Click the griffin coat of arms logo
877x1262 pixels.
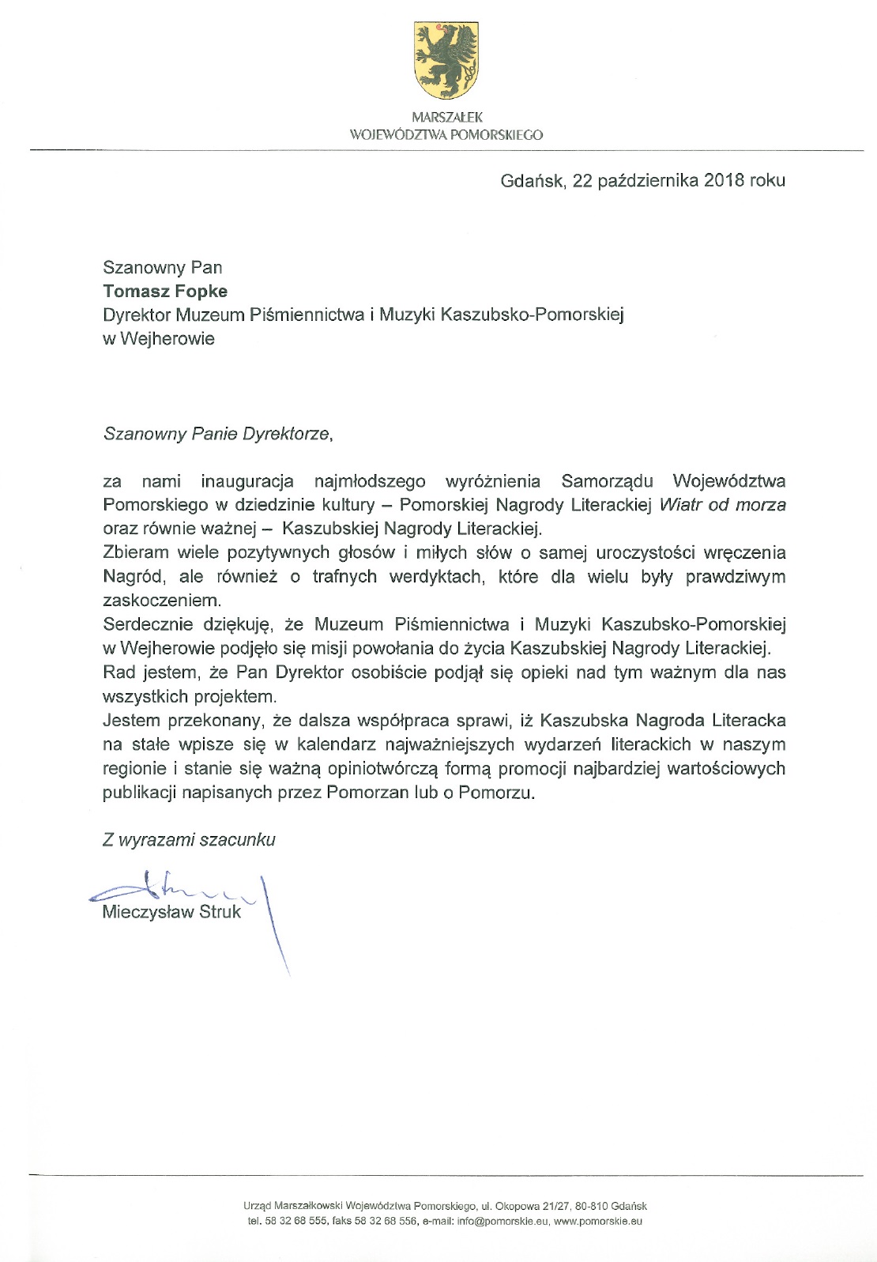pyautogui.click(x=446, y=60)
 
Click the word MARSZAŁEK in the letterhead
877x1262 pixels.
pyautogui.click(x=446, y=117)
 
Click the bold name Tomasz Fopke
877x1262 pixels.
pyautogui.click(x=165, y=291)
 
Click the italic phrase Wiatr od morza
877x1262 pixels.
pyautogui.click(x=722, y=504)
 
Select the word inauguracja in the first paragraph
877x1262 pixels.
pyautogui.click(x=247, y=481)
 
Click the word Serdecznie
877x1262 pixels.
pyautogui.click(x=145, y=624)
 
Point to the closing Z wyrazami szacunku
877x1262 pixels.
pyautogui.click(x=189, y=839)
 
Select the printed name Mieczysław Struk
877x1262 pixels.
pyautogui.click(x=171, y=912)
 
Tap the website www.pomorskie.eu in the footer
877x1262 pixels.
pyautogui.click(x=597, y=1221)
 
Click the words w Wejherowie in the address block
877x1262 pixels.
pyautogui.click(x=158, y=338)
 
